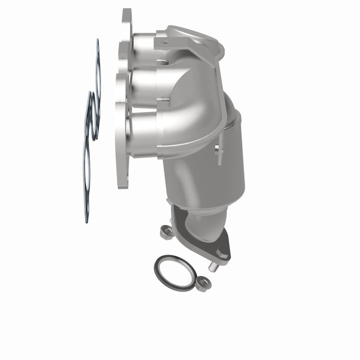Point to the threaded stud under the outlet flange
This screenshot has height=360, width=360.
pos(214,267)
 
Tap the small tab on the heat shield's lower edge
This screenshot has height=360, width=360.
pos(218,152)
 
